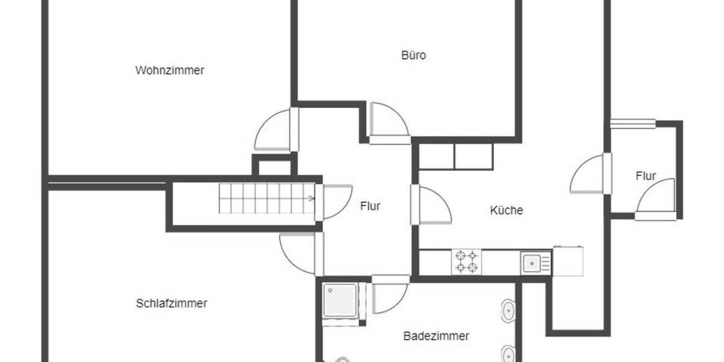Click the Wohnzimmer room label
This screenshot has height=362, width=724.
tap(170, 70)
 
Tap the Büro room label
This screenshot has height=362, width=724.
tap(413, 56)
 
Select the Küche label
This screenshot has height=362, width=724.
tap(506, 211)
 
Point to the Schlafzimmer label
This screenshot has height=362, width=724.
tap(171, 303)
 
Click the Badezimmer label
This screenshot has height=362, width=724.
tap(436, 336)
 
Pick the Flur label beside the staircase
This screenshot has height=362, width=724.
tap(370, 206)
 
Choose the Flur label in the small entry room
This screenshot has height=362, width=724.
tap(646, 176)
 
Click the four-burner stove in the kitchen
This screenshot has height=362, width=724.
tap(466, 262)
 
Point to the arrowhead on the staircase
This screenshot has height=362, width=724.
tap(311, 198)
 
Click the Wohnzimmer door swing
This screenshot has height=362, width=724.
tap(273, 132)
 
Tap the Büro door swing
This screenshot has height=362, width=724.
tap(388, 121)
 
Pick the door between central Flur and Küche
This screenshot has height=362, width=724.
tap(433, 206)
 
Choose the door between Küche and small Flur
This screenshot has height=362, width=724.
tap(588, 174)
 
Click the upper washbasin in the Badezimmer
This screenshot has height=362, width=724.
tap(507, 310)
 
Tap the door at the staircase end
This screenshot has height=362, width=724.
tap(337, 201)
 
